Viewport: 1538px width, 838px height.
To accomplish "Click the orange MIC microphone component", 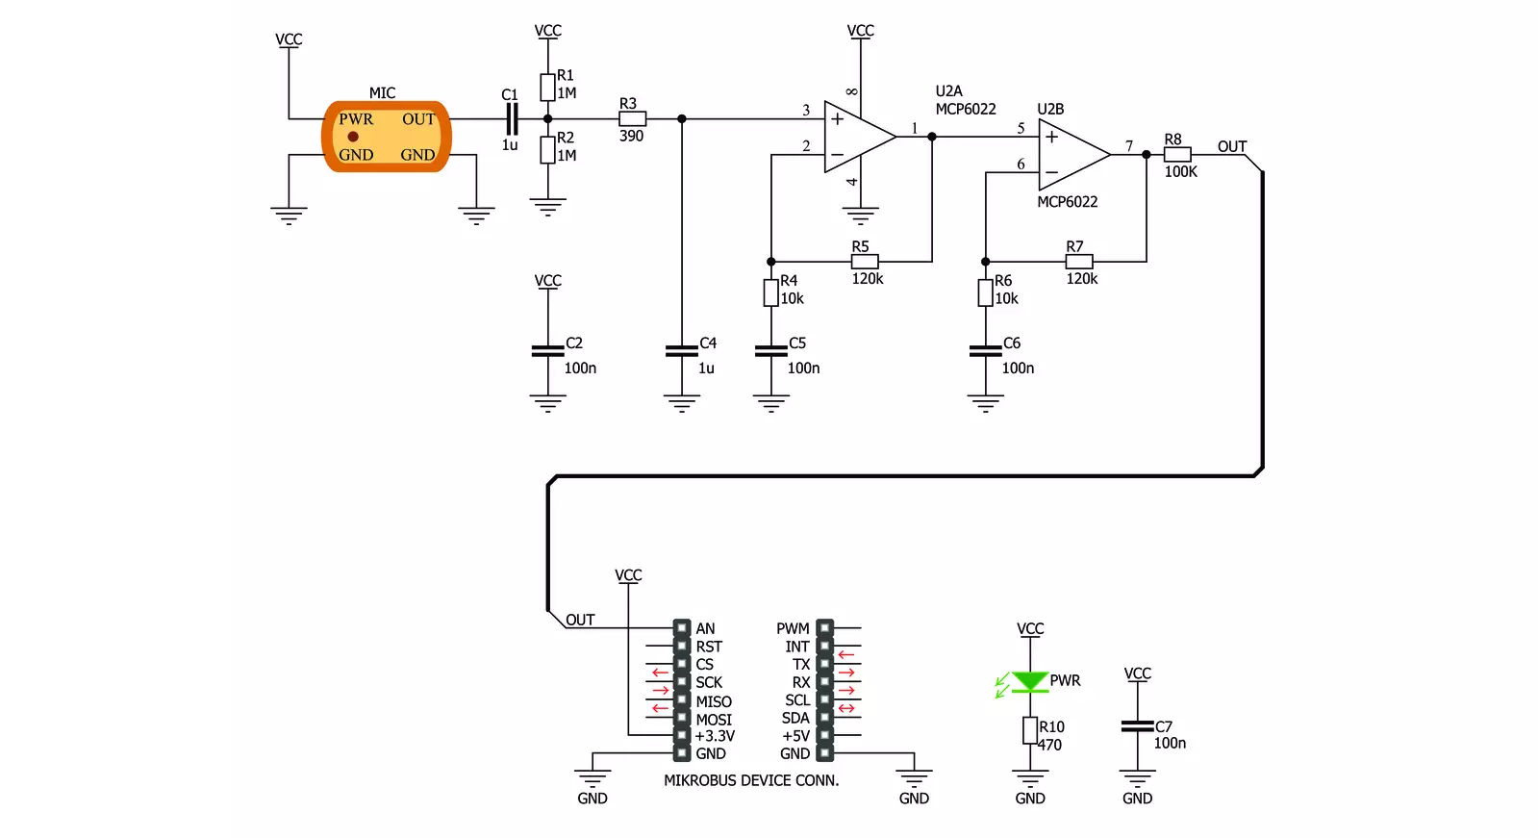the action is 387,137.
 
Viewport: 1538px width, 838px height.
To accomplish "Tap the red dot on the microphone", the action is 353,137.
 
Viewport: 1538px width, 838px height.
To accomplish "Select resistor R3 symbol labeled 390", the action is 632,119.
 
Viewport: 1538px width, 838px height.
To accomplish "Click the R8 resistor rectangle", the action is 1177,155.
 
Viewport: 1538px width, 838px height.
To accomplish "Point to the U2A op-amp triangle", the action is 860,137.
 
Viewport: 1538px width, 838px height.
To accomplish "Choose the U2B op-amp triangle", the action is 1073,155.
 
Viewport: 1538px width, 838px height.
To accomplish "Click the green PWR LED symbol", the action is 1030,682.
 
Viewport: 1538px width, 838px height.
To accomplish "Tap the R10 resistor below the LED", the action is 1030,730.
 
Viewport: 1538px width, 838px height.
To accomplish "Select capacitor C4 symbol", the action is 682,351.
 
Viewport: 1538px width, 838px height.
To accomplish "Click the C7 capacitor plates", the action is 1137,726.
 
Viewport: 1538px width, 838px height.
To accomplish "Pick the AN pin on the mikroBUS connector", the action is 682,628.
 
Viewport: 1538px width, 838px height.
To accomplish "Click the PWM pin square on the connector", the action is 824,628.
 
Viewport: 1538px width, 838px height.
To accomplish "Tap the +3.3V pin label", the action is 715,736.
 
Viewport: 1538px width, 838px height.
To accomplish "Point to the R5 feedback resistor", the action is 865,262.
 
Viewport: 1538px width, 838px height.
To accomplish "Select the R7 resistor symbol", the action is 1078,262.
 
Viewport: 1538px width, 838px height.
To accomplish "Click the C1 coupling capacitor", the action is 512,119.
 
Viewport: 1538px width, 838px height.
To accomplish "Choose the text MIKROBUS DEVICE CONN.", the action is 751,780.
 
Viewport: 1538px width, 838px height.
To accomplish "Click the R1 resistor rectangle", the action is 547,88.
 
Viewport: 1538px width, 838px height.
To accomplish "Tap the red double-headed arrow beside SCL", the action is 846,708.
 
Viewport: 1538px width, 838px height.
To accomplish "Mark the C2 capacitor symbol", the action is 548,351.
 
